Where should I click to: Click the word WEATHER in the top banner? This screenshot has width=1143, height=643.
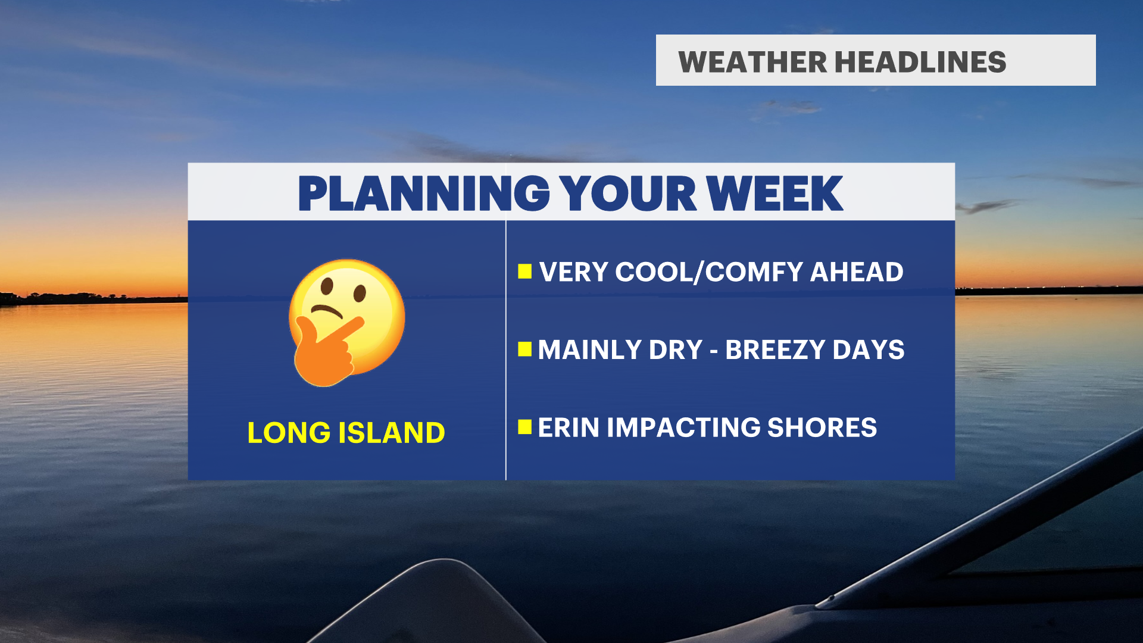pyautogui.click(x=752, y=62)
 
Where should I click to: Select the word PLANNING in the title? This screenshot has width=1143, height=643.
pyautogui.click(x=424, y=193)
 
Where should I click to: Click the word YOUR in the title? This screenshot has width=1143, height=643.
pyautogui.click(x=629, y=193)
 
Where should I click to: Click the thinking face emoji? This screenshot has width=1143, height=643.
pyautogui.click(x=347, y=323)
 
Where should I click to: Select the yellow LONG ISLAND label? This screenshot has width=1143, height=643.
pyautogui.click(x=346, y=433)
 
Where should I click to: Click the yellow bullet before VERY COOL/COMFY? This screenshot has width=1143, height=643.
pyautogui.click(x=524, y=272)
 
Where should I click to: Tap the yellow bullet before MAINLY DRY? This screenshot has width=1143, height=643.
pyautogui.click(x=524, y=349)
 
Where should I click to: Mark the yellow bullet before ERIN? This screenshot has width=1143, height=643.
pyautogui.click(x=524, y=427)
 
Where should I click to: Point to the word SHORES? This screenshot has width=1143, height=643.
pyautogui.click(x=822, y=427)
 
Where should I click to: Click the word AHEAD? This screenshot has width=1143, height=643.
pyautogui.click(x=857, y=272)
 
